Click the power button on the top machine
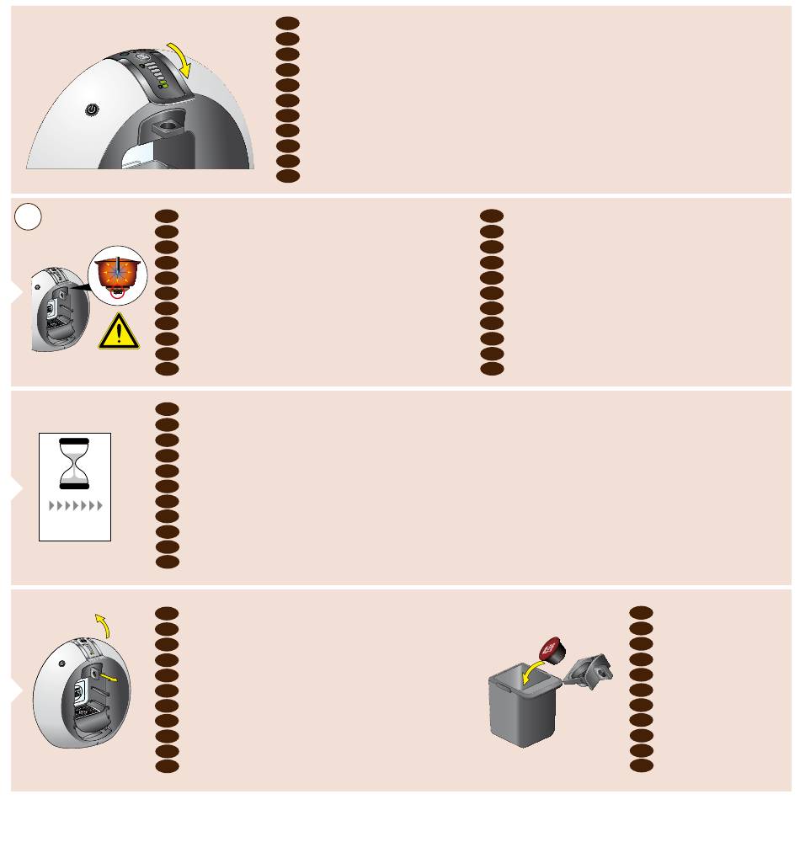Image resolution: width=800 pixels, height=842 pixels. pos(92,109)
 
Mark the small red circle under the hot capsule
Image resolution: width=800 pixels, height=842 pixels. pos(117,292)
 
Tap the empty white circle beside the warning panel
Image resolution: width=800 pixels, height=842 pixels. pos(28,217)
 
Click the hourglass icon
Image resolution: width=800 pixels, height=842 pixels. pos(75,463)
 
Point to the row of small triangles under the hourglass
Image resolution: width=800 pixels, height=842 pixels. pos(75,506)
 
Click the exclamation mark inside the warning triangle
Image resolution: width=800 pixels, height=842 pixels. pos(120,334)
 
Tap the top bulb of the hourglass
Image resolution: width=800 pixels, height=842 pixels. pos(75,450)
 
